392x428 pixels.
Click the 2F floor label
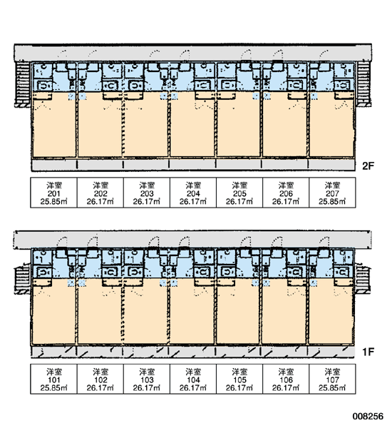368,165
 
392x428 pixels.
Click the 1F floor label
368,352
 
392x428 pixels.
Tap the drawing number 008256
368,417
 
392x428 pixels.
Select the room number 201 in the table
53,194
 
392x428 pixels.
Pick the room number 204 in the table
193,194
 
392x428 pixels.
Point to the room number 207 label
332,194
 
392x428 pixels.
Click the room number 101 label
53,380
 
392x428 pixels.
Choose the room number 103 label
147,380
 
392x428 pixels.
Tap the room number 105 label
239,380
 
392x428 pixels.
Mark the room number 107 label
332,380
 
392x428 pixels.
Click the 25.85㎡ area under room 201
53,202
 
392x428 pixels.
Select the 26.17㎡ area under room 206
286,202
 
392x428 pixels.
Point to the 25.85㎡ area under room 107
332,388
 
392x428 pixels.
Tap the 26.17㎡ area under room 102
100,388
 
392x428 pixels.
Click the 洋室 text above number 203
147,186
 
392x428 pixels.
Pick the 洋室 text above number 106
286,372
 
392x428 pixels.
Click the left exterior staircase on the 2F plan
23,83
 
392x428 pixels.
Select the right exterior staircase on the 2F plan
363,83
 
